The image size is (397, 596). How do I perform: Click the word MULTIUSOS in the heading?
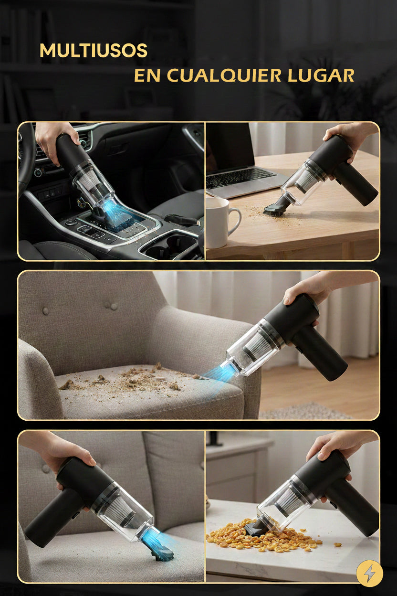point(94,50)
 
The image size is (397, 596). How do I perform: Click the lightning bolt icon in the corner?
point(369,574)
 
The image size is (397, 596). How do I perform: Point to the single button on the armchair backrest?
point(45,310)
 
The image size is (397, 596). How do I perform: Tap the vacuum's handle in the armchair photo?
point(319,352)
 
